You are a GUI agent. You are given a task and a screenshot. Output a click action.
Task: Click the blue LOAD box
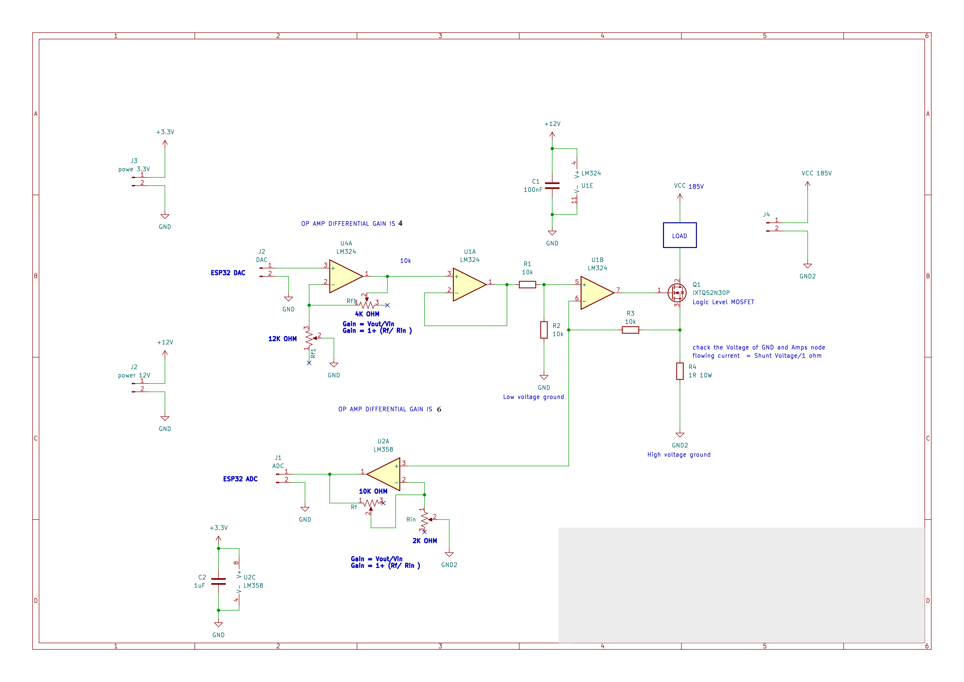click(679, 235)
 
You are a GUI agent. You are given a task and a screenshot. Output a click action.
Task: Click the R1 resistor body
click(527, 285)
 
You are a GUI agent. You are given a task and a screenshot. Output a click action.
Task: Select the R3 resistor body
click(630, 330)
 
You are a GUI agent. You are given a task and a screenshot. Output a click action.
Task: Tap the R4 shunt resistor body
click(680, 371)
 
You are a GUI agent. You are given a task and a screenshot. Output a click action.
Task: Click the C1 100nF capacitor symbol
click(552, 186)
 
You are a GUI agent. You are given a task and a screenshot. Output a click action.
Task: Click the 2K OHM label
click(424, 541)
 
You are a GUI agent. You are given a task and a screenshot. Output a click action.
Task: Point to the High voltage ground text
click(679, 455)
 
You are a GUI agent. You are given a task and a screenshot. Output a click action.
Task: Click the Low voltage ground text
click(533, 397)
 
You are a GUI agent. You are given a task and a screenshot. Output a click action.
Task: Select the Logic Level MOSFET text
click(723, 302)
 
